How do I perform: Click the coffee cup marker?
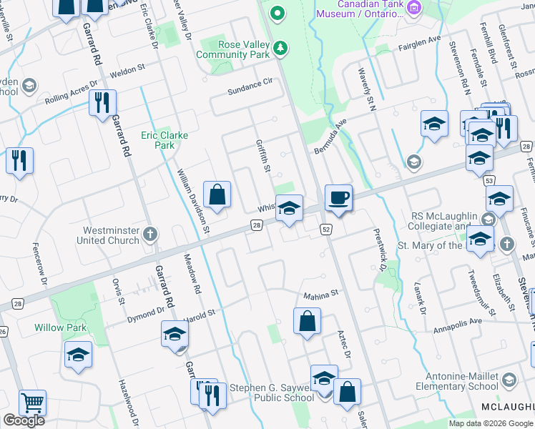tap(338, 197)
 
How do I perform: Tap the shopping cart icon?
tap(32, 403)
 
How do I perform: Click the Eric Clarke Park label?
tap(158, 140)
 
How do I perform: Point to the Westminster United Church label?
tap(111, 235)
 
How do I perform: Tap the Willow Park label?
tap(61, 328)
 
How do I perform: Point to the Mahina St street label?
tap(319, 293)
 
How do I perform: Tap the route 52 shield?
tap(325, 229)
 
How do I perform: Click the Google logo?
tap(24, 420)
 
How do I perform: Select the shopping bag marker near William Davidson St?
tap(217, 194)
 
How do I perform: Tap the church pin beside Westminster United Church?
tap(149, 234)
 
